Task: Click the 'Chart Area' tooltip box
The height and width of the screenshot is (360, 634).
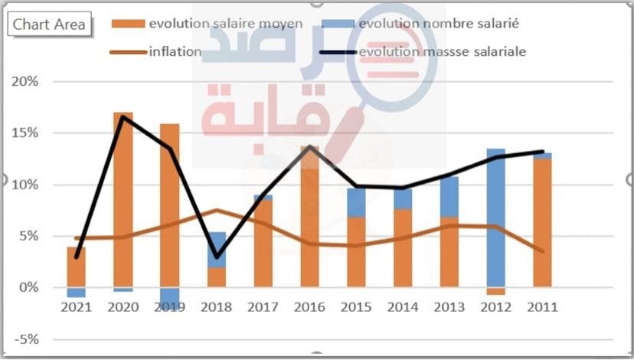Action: click(x=48, y=25)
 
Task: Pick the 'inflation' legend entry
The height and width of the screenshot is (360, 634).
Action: click(x=175, y=52)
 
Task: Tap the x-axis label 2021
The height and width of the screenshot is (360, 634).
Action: click(x=76, y=307)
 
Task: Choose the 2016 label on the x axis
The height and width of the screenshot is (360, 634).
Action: click(x=310, y=307)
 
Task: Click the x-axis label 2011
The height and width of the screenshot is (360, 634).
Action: click(x=542, y=307)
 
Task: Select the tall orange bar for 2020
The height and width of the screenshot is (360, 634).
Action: click(x=123, y=199)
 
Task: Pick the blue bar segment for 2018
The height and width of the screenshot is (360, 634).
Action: click(x=217, y=250)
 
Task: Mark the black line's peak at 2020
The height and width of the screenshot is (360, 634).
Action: click(x=123, y=116)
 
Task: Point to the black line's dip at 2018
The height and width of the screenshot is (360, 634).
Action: click(x=217, y=257)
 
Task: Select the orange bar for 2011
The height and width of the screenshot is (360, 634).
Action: click(x=542, y=222)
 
